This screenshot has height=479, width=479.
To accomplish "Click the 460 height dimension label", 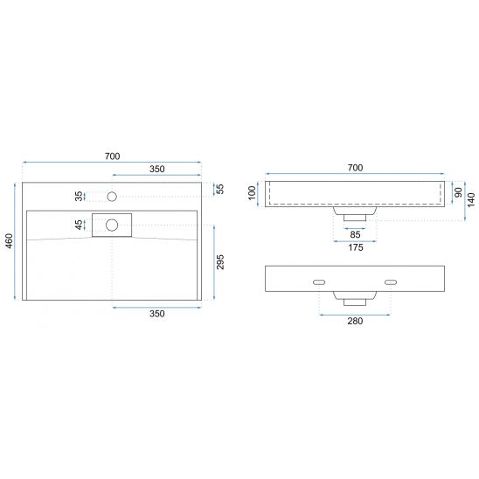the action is click(9, 240).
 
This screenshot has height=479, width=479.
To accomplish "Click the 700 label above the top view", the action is click(112, 156).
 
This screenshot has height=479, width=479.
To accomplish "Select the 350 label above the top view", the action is click(157, 169).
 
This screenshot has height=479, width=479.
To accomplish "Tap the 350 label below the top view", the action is click(157, 314).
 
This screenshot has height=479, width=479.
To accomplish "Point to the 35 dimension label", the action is click(79, 196).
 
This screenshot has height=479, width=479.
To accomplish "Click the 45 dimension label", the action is click(79, 225).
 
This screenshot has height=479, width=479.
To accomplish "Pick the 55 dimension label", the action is click(220, 189).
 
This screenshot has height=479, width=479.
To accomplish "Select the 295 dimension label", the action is click(220, 262).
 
